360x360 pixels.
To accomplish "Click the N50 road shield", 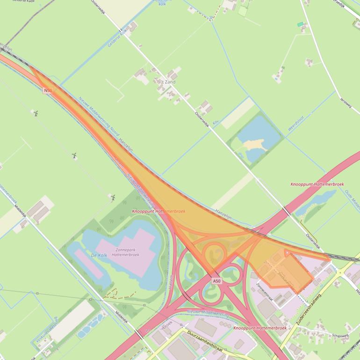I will click(x=48, y=90).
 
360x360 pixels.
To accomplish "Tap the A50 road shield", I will click(x=216, y=281).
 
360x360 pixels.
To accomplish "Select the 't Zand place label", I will click(x=168, y=82).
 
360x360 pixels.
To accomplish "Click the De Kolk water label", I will click(x=100, y=255).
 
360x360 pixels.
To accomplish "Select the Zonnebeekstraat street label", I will click(x=265, y=294).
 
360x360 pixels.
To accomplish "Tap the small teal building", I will click(x=300, y=24).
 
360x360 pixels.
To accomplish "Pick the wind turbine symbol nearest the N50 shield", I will click(x=36, y=113).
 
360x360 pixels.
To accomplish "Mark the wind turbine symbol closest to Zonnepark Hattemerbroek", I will click(x=113, y=197).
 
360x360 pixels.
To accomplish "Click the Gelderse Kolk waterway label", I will click(x=117, y=37).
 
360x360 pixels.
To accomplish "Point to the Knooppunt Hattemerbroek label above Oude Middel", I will click(x=317, y=184).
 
